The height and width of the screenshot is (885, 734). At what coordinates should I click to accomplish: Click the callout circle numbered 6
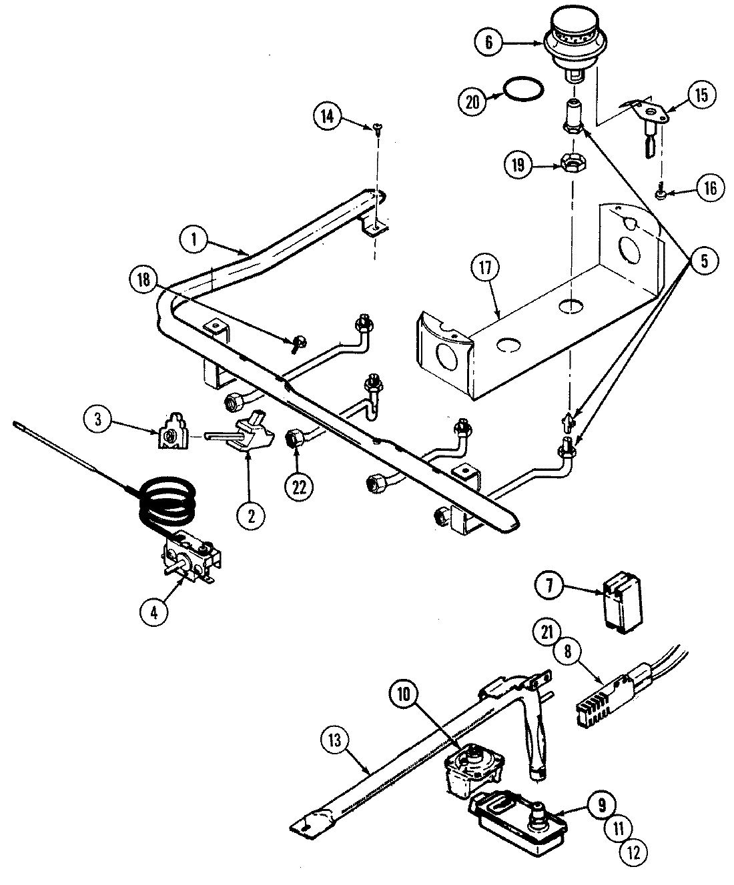coord(489,42)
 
